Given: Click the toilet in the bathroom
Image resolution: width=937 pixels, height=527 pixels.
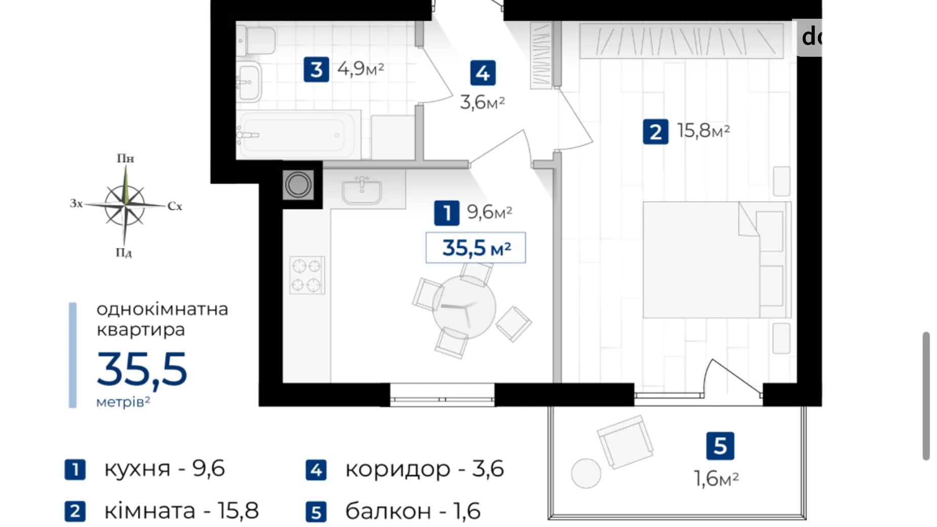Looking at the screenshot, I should pyautogui.click(x=257, y=41).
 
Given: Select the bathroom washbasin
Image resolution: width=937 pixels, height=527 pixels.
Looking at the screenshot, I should pyautogui.click(x=249, y=82).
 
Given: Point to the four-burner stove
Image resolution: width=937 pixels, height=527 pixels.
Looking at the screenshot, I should pyautogui.click(x=307, y=275).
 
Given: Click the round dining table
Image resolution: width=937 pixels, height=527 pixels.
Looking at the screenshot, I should pyautogui.click(x=463, y=308).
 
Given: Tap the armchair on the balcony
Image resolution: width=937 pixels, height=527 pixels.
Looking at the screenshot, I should pyautogui.click(x=625, y=441).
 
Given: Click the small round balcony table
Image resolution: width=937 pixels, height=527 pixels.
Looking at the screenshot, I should pyautogui.click(x=585, y=473).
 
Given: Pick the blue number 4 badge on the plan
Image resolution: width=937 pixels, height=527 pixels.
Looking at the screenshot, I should pyautogui.click(x=482, y=73).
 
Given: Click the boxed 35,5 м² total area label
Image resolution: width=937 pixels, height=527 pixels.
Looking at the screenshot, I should pyautogui.click(x=476, y=248).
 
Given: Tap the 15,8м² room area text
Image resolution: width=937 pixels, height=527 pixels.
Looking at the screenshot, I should pyautogui.click(x=703, y=131).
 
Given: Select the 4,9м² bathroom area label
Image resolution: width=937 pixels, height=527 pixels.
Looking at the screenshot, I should pyautogui.click(x=360, y=68).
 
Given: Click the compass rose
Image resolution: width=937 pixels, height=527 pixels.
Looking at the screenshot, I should pyautogui.click(x=125, y=205).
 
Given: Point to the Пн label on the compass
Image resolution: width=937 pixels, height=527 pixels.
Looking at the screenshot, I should pyautogui.click(x=125, y=159).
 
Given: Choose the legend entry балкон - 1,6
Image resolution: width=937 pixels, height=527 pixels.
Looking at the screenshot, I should pyautogui.click(x=412, y=511).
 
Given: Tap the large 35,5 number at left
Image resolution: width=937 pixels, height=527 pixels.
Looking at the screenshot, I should pyautogui.click(x=142, y=370).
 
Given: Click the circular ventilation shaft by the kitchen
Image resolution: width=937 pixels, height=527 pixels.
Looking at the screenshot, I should pyautogui.click(x=298, y=184).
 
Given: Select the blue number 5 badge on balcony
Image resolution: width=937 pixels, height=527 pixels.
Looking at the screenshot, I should pyautogui.click(x=720, y=446).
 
